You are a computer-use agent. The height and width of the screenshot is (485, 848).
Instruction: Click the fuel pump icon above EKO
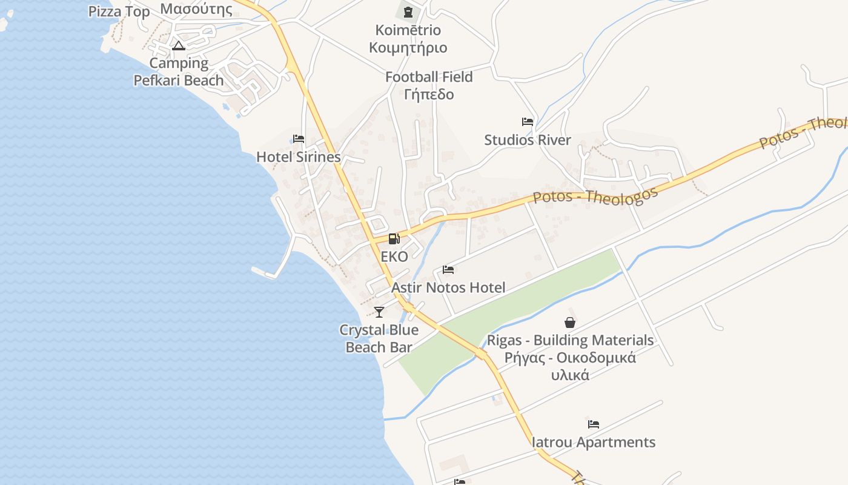(x=394, y=239)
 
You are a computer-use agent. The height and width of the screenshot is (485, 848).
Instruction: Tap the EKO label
(x=394, y=256)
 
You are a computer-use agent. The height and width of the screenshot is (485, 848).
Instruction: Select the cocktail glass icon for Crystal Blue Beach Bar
(x=379, y=312)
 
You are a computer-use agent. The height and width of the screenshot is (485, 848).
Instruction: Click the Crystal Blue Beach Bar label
(x=379, y=338)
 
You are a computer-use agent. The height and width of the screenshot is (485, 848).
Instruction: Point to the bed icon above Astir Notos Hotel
(x=448, y=270)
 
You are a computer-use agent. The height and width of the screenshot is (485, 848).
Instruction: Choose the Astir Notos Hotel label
(x=448, y=287)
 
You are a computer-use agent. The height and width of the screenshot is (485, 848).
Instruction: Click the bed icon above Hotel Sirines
(x=299, y=139)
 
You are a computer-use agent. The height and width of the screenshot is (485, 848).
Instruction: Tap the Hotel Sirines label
(x=299, y=157)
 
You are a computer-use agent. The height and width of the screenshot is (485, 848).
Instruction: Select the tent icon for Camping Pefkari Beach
(x=178, y=45)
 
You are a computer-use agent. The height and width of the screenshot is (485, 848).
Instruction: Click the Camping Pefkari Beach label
(x=179, y=72)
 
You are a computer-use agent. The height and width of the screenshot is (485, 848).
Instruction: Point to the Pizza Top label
(x=119, y=12)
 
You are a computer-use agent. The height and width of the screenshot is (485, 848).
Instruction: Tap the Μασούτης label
(x=196, y=9)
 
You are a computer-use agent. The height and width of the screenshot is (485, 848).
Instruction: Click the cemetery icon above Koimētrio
(x=408, y=12)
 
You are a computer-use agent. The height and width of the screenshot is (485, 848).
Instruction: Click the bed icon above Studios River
(x=528, y=122)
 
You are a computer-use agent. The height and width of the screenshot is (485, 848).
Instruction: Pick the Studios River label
(x=528, y=140)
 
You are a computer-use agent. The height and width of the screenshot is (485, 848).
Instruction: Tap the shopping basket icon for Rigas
(x=570, y=323)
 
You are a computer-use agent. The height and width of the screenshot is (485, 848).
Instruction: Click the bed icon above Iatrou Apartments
(x=594, y=424)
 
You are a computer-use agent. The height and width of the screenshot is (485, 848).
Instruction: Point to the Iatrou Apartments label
(x=594, y=442)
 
